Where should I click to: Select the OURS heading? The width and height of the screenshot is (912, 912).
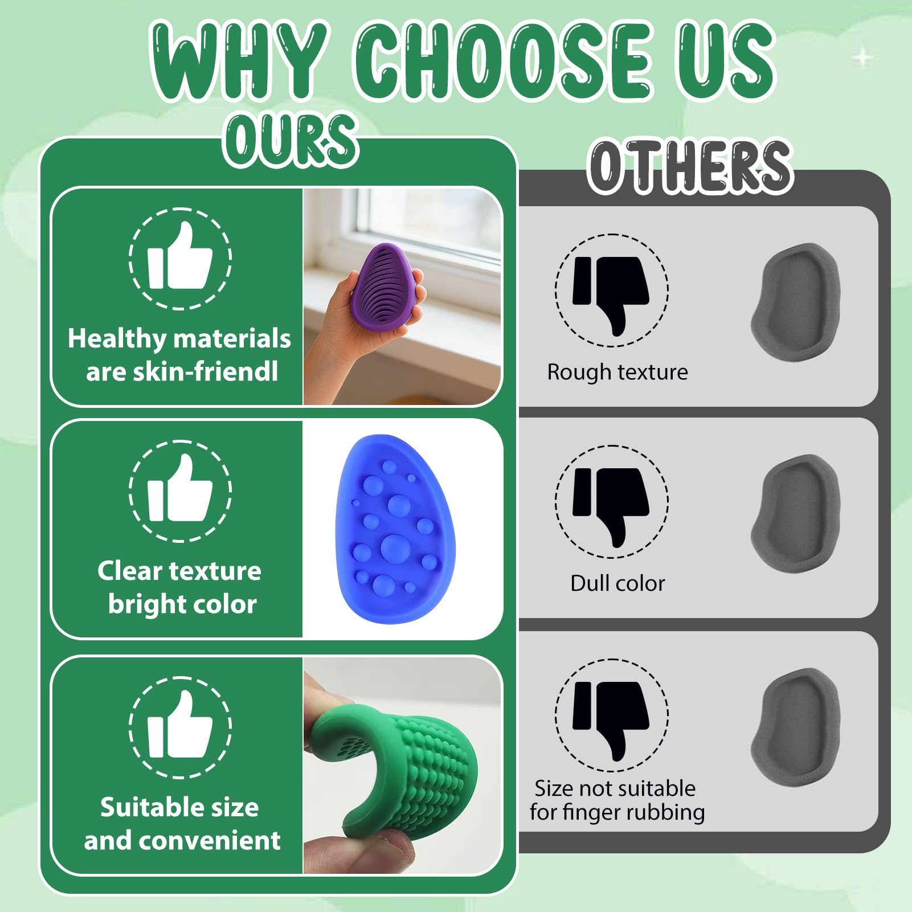291,139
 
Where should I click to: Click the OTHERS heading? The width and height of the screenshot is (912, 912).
690,166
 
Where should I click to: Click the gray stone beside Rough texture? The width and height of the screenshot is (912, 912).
796,302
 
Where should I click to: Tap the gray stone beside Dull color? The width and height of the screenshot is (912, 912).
796,513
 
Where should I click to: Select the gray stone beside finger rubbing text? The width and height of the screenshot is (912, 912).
796,727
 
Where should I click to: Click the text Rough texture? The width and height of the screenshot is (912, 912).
617,372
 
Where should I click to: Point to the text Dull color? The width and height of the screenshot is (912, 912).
617,583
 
